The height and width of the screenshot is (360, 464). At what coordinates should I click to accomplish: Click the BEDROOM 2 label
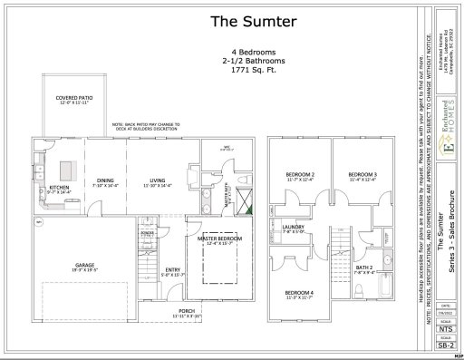(x=300, y=176)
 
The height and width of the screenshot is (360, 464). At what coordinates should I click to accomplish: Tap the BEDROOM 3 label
(x=362, y=176)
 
